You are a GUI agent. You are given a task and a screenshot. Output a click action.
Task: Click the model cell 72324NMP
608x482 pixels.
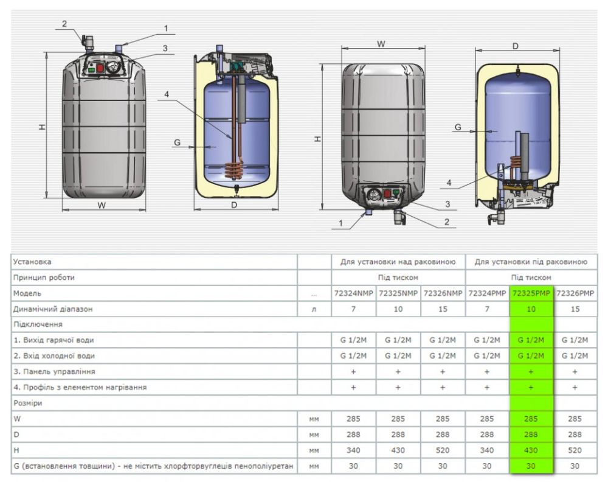[353, 293]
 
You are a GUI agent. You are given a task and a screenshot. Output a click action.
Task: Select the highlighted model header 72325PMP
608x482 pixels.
[531, 293]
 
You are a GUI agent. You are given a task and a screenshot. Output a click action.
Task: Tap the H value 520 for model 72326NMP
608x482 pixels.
[443, 450]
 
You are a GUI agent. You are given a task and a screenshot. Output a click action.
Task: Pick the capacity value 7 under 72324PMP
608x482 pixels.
[487, 309]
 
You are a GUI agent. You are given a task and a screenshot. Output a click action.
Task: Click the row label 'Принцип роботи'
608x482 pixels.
[44, 278]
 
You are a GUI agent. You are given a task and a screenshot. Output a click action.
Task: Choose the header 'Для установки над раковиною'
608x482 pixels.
[398, 262]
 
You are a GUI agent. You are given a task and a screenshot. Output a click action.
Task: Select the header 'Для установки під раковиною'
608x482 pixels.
[531, 262]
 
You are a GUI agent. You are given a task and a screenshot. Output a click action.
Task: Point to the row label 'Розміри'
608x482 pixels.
[28, 403]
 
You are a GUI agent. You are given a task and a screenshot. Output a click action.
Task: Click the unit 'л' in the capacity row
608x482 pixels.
[314, 309]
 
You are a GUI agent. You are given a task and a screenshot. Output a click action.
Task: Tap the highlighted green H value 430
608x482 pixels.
[531, 450]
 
